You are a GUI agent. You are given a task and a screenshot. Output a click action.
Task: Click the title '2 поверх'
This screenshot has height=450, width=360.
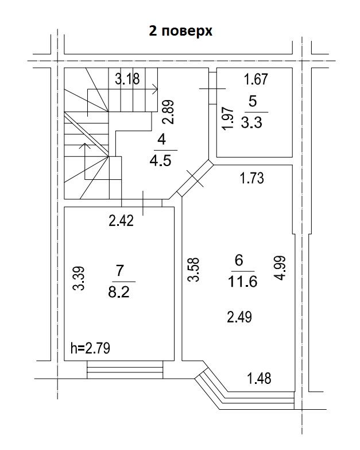[x=180, y=31]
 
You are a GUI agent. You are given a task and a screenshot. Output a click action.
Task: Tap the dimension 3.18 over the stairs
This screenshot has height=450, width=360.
[x=127, y=79]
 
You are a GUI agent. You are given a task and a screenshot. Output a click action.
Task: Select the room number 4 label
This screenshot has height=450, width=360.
[x=162, y=140]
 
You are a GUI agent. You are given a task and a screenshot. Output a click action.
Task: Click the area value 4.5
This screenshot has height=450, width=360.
[x=161, y=161]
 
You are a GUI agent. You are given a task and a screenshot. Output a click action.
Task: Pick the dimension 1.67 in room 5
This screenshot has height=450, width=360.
[x=256, y=79]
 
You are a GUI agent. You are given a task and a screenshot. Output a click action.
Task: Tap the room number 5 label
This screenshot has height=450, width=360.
[x=253, y=101]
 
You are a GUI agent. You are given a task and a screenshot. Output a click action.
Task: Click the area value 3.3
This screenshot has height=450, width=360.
[x=251, y=123]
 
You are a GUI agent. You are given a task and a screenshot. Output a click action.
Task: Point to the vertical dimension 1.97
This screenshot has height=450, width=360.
[x=228, y=118]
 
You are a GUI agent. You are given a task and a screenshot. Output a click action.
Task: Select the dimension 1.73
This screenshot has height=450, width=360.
[x=251, y=178]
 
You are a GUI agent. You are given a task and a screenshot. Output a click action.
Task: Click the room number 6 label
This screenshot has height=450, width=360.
[x=239, y=260]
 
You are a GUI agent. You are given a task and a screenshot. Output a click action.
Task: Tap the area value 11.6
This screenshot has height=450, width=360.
[x=242, y=282]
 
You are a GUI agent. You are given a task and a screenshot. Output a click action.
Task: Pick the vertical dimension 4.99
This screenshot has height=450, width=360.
[x=280, y=268]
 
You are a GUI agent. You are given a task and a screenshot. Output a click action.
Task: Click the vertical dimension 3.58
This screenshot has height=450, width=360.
[x=193, y=270]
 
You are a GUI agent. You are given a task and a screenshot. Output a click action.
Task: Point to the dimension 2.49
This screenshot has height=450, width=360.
[x=239, y=317]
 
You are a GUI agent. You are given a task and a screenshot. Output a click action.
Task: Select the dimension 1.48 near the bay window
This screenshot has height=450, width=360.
[x=259, y=378]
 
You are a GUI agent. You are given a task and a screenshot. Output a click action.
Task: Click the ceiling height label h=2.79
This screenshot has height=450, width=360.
[x=90, y=348]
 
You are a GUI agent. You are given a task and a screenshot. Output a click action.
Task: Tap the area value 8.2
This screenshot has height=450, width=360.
[x=119, y=293]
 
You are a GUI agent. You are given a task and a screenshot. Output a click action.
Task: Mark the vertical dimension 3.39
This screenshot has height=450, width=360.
[x=78, y=278]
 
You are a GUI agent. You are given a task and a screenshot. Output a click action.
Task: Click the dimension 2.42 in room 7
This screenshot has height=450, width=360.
[x=121, y=221]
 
